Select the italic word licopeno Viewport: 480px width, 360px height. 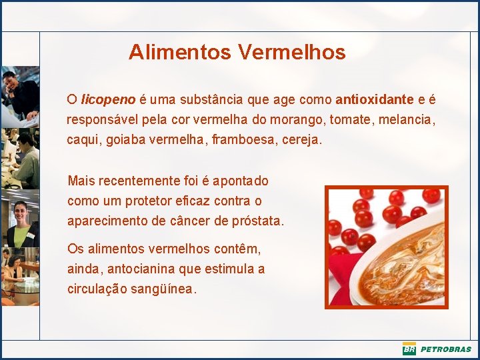pos(108,100)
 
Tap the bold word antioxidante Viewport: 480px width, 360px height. pos(375,100)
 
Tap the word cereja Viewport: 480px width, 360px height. pos(302,141)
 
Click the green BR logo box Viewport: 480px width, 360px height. pos(409,349)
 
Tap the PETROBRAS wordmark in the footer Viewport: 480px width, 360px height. pos(445,349)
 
